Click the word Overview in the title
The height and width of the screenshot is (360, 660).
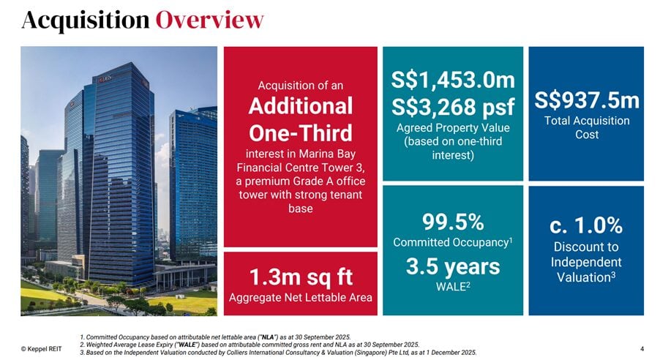pyautogui.click(x=209, y=19)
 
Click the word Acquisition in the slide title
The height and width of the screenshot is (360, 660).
pyautogui.click(x=86, y=20)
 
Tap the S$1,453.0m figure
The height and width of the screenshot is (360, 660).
pyautogui.click(x=453, y=80)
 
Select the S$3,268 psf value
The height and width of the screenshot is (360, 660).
pyautogui.click(x=453, y=107)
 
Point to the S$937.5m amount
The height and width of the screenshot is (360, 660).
pyautogui.click(x=587, y=100)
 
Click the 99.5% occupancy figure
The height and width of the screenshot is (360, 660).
pyautogui.click(x=453, y=222)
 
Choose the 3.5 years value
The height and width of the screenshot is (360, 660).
pyautogui.click(x=453, y=266)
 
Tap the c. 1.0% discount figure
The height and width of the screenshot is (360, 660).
pyautogui.click(x=586, y=225)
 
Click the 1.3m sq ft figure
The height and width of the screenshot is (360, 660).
pyautogui.click(x=301, y=277)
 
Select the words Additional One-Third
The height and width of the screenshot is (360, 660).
pyautogui.click(x=301, y=119)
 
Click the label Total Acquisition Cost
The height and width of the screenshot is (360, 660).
pyautogui.click(x=587, y=127)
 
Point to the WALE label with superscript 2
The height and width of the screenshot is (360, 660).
pyautogui.click(x=453, y=287)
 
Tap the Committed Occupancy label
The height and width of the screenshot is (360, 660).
pyautogui.click(x=453, y=242)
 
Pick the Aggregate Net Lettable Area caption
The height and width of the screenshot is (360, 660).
pyautogui.click(x=301, y=298)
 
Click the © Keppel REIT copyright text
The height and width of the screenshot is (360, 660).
pyautogui.click(x=41, y=348)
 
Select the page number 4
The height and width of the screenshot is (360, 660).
pyautogui.click(x=642, y=348)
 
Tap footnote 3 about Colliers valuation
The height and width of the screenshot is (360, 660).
pyautogui.click(x=278, y=353)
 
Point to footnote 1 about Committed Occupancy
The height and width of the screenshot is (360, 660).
pyautogui.click(x=215, y=337)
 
